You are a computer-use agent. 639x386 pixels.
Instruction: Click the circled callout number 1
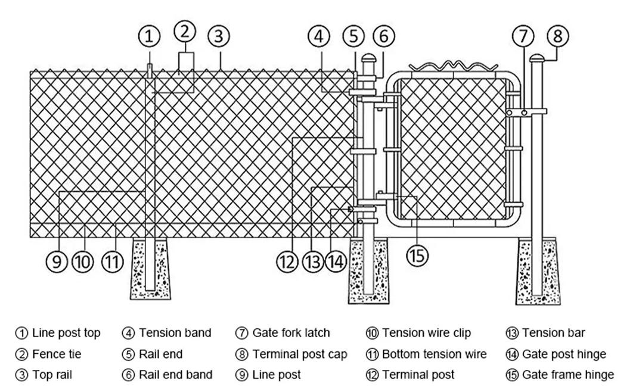[x=149, y=36]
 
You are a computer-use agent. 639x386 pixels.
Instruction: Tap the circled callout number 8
[x=557, y=36]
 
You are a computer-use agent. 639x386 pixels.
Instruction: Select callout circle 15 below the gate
[x=417, y=256]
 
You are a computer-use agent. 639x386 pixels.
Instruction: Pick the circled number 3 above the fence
[x=219, y=36]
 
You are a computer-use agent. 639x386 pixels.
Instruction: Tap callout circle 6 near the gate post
[x=383, y=36]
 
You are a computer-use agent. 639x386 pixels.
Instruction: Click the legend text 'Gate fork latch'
[x=291, y=333]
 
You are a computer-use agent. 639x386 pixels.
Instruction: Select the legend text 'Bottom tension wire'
[x=434, y=354]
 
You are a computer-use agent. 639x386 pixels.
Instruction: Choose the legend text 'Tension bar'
[x=553, y=333]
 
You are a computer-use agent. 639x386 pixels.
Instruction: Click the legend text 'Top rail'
[x=52, y=375]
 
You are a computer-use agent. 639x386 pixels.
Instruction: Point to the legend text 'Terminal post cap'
[x=299, y=354]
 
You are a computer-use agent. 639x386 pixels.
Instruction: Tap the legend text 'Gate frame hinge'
[x=567, y=375]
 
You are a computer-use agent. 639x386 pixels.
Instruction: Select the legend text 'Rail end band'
[x=176, y=375]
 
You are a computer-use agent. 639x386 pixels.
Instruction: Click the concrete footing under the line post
[x=150, y=269]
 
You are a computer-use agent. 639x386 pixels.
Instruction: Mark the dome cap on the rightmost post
[x=536, y=58]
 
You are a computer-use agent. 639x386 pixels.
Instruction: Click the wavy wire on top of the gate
[x=454, y=66]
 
